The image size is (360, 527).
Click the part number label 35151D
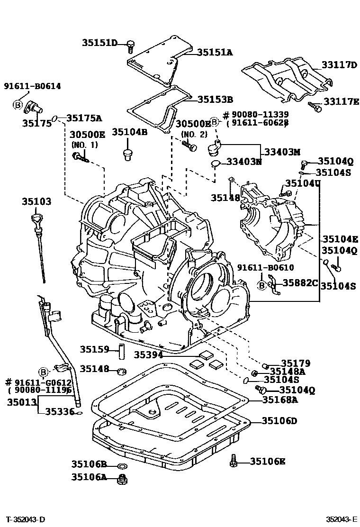pyautogui.click(x=100, y=43)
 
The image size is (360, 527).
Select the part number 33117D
pyautogui.click(x=339, y=64)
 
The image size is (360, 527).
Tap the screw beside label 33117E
pyautogui.click(x=315, y=107)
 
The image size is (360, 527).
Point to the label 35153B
pyautogui.click(x=215, y=100)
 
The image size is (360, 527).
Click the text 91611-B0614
pyautogui.click(x=32, y=86)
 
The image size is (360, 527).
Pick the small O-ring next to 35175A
pyautogui.click(x=55, y=118)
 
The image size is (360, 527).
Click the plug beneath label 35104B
pyautogui.click(x=126, y=155)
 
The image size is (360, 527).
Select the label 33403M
pyautogui.click(x=282, y=152)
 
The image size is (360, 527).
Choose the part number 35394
pyautogui.click(x=148, y=354)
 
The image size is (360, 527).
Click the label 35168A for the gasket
pyautogui.click(x=280, y=400)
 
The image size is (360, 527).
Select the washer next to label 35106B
pyautogui.click(x=121, y=465)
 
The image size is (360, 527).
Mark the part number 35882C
pyautogui.click(x=300, y=283)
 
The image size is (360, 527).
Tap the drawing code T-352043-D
pyautogui.click(x=26, y=519)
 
